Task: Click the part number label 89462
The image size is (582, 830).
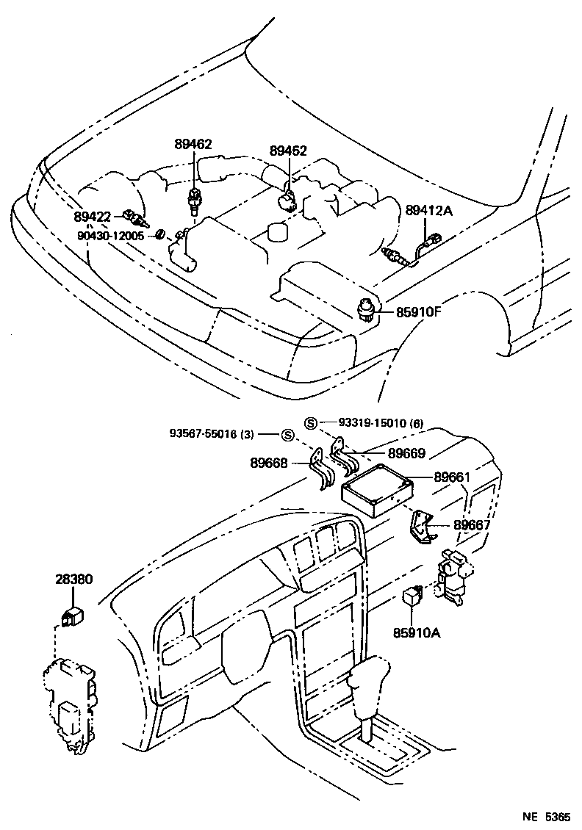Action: tap(193, 145)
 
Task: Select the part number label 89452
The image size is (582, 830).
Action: tap(288, 151)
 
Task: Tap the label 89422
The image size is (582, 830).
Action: tap(92, 216)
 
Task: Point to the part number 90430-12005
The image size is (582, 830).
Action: tap(112, 236)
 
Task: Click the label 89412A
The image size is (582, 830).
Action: tap(429, 211)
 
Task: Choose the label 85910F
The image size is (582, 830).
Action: tap(419, 311)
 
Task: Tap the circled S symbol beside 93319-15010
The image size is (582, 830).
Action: tap(311, 422)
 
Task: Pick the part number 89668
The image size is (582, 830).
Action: tap(270, 463)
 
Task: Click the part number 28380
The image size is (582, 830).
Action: tap(73, 579)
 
